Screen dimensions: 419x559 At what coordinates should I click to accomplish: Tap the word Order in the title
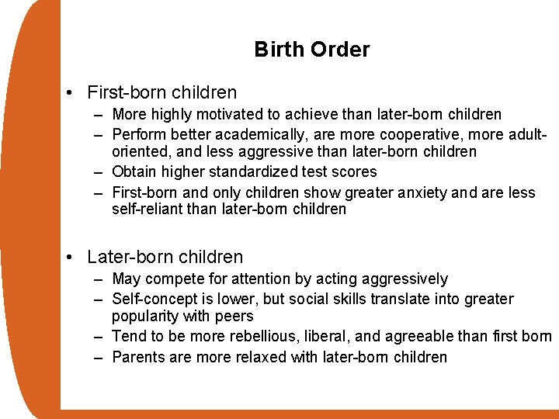[340, 50]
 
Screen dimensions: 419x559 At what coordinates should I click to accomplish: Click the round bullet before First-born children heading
[71, 93]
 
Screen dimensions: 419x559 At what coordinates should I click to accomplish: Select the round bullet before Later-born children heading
[71, 257]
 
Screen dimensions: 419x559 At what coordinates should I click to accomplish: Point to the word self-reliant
[149, 209]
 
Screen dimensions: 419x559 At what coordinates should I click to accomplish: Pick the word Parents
[139, 357]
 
